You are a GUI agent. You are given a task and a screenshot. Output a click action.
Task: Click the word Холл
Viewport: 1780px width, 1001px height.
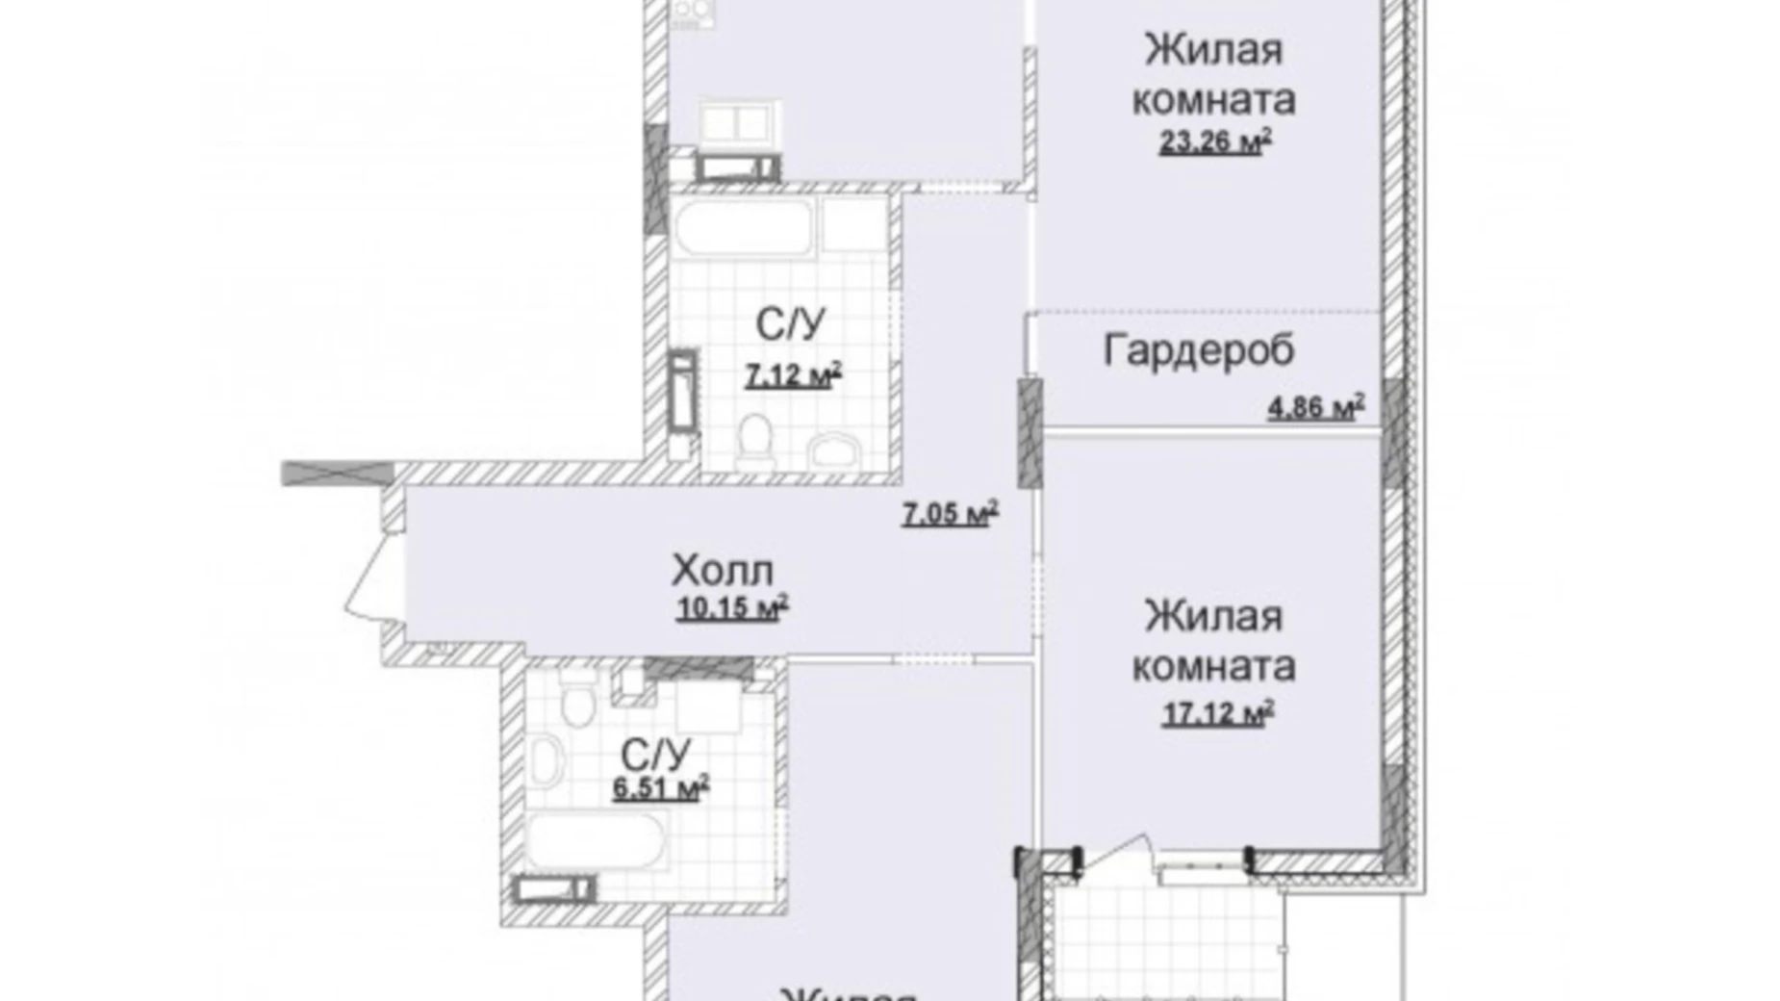[x=722, y=572]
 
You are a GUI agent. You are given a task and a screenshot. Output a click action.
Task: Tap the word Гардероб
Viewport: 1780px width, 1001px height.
[x=1198, y=350]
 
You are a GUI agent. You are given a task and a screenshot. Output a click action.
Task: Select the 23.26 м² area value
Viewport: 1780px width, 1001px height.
[x=1215, y=142]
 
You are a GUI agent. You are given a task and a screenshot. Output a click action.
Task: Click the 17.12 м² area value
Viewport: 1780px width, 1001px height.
[x=1217, y=714]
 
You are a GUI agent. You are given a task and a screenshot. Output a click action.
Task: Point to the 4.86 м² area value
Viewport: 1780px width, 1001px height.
[x=1315, y=408]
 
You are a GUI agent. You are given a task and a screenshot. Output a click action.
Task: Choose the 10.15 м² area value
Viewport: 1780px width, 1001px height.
[x=732, y=608]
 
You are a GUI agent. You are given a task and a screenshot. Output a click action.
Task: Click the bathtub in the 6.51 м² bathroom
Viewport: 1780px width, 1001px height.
[x=595, y=841]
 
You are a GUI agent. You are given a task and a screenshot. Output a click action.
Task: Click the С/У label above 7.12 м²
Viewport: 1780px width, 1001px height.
[x=790, y=325]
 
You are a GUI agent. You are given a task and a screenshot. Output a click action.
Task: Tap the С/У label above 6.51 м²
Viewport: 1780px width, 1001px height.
[x=655, y=753]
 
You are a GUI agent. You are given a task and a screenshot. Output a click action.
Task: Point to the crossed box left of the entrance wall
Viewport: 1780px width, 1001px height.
[x=337, y=473]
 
